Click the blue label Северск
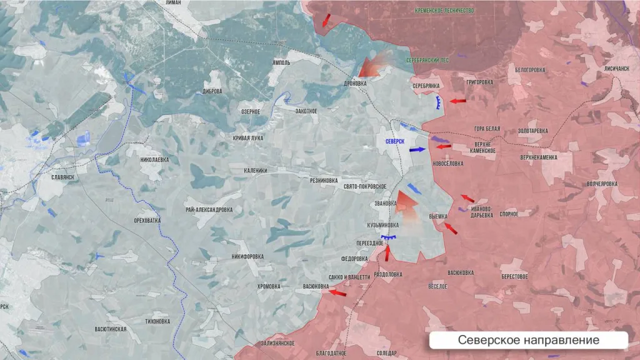pyautogui.click(x=395, y=142)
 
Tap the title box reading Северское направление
pyautogui.click(x=528, y=340)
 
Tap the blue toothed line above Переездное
pyautogui.click(x=390, y=237)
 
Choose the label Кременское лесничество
pyautogui.click(x=447, y=11)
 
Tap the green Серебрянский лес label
pyautogui.click(x=427, y=60)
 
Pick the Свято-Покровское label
pyautogui.click(x=365, y=186)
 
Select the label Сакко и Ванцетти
pyautogui.click(x=349, y=277)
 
